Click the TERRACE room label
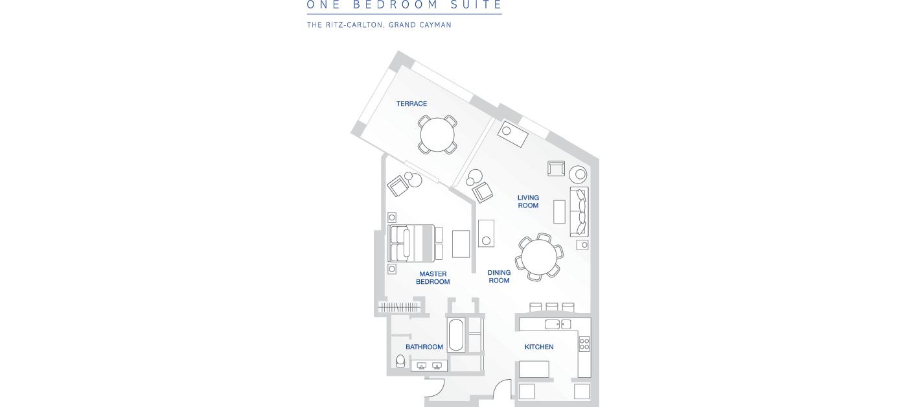click(411, 104)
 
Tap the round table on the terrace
click(437, 135)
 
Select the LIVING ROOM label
click(528, 202)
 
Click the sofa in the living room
click(579, 212)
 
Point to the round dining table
click(539, 257)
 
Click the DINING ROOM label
click(499, 277)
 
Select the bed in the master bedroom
click(411, 243)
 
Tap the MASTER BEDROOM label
click(433, 278)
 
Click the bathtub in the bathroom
click(456, 334)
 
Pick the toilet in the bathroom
click(400, 361)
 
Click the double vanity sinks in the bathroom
click(429, 366)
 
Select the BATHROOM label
click(424, 347)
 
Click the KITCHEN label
click(539, 347)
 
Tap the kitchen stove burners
click(584, 344)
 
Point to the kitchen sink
click(558, 325)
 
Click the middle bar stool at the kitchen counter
click(552, 307)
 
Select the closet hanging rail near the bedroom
click(400, 307)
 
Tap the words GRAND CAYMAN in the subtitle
click(420, 25)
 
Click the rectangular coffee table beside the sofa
click(559, 212)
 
